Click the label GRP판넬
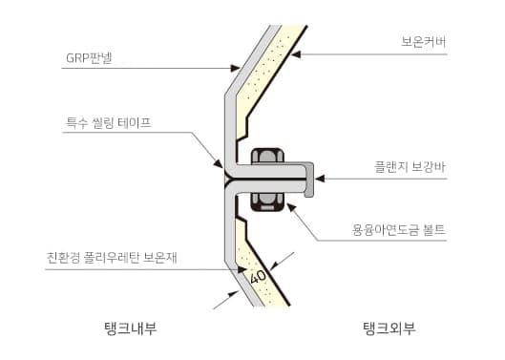click(89, 58)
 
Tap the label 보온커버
click(424, 42)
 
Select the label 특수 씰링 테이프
click(109, 123)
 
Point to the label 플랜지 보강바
click(410, 167)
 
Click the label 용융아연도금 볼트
click(399, 230)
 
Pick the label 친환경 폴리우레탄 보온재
click(112, 258)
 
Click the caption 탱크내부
click(131, 328)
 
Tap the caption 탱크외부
click(389, 328)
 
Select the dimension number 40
click(258, 277)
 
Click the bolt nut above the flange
click(267, 157)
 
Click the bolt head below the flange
click(267, 202)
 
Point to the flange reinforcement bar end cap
click(309, 180)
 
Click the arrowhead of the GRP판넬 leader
click(236, 68)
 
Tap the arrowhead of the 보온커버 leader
click(296, 54)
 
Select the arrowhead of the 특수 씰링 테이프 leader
click(219, 163)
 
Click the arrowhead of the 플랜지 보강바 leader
click(320, 179)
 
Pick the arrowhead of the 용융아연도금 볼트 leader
click(291, 207)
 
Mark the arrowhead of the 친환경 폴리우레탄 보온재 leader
click(242, 269)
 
